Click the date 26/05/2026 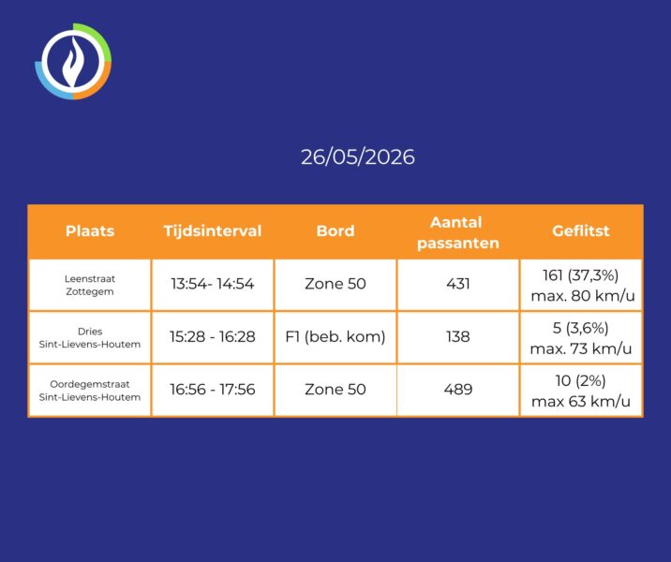(358, 157)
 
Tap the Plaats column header (90, 231)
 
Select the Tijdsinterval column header (213, 231)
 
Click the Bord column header (335, 231)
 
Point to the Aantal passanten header (458, 232)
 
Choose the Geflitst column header (581, 231)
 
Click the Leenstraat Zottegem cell (90, 286)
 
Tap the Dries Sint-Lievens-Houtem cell (90, 338)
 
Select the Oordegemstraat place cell (90, 391)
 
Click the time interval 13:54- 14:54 (213, 284)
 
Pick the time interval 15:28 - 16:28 (213, 336)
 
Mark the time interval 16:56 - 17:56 (213, 390)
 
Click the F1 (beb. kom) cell (335, 337)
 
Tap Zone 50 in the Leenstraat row (335, 284)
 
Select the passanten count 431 (458, 284)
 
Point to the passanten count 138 (458, 336)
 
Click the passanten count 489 (458, 390)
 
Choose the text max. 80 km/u (582, 296)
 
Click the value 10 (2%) (581, 380)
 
